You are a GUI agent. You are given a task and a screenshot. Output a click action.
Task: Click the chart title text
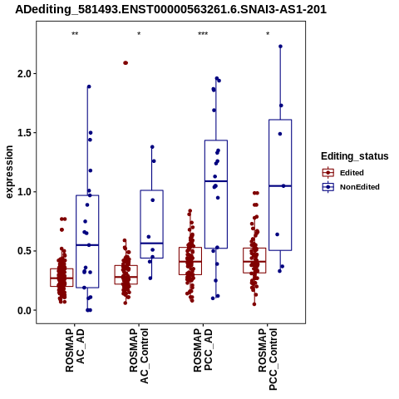point(170,10)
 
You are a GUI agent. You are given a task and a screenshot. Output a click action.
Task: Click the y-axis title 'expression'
point(9,172)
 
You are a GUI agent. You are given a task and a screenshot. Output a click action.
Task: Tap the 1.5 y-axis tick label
point(23,133)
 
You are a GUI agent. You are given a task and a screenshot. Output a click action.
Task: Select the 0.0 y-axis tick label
point(23,311)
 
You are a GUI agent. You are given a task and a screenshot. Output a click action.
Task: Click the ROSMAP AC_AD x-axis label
point(75,350)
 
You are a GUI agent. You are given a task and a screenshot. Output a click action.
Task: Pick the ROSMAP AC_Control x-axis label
point(139,356)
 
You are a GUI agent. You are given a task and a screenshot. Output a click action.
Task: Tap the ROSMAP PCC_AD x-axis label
point(203,350)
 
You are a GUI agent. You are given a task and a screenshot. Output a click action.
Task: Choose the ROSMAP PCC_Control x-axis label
point(268,359)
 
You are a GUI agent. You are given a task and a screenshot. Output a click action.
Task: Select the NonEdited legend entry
point(351,187)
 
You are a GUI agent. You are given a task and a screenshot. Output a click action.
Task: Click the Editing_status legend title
point(355,156)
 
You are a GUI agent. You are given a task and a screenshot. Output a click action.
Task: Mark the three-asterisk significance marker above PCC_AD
point(203,34)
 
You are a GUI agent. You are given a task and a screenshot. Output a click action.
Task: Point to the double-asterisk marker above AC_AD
point(75,34)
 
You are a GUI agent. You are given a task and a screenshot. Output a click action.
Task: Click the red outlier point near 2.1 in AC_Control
point(126,63)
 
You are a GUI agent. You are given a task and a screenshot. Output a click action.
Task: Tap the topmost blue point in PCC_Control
point(280,47)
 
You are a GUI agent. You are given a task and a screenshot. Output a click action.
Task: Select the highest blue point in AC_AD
point(89,86)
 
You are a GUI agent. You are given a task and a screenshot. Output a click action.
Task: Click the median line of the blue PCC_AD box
point(216,181)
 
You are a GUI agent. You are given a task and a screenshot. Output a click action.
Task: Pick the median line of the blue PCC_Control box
point(280,186)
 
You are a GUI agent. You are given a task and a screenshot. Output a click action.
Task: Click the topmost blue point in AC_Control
point(152,147)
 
